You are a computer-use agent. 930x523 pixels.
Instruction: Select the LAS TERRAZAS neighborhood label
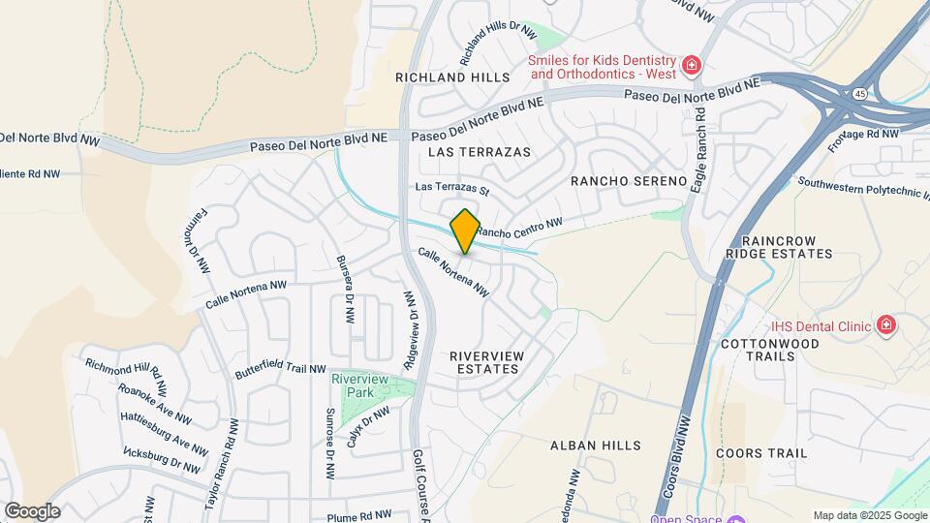click(x=480, y=152)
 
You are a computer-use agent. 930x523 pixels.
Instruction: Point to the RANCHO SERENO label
click(x=629, y=181)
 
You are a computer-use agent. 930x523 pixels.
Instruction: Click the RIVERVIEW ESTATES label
click(x=487, y=362)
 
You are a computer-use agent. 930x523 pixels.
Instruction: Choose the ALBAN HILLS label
click(x=596, y=446)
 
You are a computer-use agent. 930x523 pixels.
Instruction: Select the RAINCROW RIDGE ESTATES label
click(x=786, y=247)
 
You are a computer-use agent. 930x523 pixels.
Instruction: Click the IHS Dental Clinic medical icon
click(x=884, y=325)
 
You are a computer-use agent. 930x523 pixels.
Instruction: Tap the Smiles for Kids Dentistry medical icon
click(x=692, y=66)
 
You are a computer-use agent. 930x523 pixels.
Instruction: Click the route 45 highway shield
click(x=860, y=94)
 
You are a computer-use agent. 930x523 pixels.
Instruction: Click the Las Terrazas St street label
click(x=452, y=187)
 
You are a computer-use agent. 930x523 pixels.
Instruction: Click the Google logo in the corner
click(x=33, y=510)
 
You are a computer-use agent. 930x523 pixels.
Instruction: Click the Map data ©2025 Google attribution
click(x=869, y=515)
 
